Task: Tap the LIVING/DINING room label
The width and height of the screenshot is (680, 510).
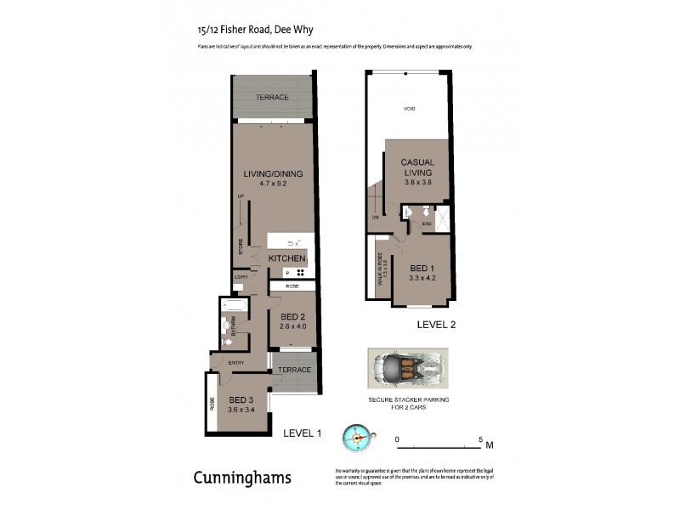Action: click(x=273, y=174)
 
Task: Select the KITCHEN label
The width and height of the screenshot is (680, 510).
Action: click(x=286, y=258)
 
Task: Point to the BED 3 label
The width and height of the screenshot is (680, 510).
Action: click(x=241, y=399)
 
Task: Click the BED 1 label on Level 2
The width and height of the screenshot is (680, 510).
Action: click(x=422, y=268)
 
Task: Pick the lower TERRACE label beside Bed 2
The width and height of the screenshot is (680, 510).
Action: click(x=295, y=370)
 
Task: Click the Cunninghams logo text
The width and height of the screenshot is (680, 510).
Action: click(x=242, y=478)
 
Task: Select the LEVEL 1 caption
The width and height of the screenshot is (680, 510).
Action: click(x=302, y=433)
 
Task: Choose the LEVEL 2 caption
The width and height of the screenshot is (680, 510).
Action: click(x=437, y=325)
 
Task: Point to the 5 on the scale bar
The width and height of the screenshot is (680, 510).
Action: click(x=481, y=439)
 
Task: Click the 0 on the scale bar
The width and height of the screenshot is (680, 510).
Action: click(x=398, y=439)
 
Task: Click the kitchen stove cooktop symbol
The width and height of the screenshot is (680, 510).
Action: click(x=299, y=273)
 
